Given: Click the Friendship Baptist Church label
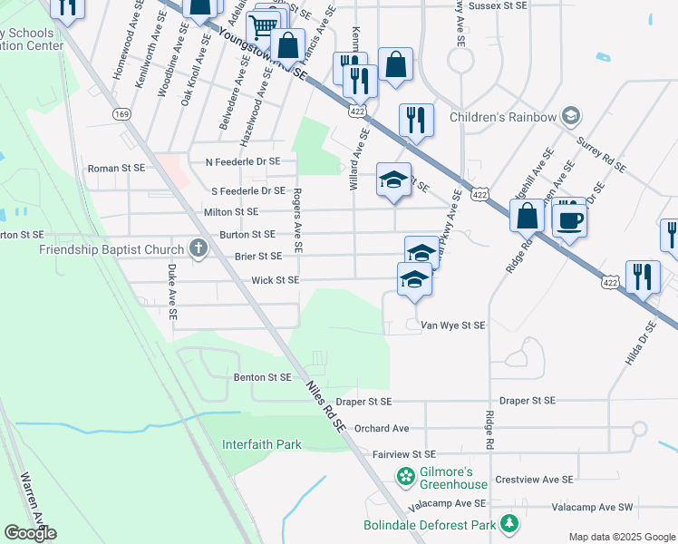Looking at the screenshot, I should point(113,248).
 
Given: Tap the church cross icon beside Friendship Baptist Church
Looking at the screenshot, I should point(199,248).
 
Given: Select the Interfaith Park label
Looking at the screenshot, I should point(262,444).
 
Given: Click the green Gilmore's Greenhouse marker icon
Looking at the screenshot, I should point(405,476).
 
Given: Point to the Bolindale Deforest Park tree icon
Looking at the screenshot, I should point(510,524).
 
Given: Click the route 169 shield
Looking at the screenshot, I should point(121,113).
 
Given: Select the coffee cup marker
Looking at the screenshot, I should point(569,219).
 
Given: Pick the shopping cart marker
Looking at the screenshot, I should point(263,27).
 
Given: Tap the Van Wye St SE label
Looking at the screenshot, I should point(453,325).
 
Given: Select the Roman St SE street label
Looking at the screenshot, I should point(116,168).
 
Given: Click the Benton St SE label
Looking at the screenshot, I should point(262,376).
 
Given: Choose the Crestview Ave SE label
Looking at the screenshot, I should point(534,479).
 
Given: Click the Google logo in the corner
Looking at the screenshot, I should point(30,532).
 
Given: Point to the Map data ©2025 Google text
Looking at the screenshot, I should point(621,537).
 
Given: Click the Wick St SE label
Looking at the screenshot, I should point(275,280).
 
